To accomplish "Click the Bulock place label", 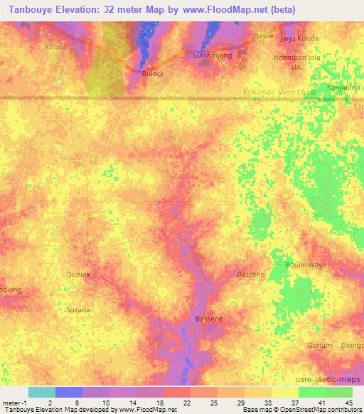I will pyautogui.click(x=153, y=73).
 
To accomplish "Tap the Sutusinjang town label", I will pyautogui.click(x=210, y=54).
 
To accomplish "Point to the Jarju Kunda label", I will pyautogui.click(x=299, y=38).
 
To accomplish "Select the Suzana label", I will pyautogui.click(x=77, y=310).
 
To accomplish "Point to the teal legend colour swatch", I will pyautogui.click(x=42, y=392).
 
